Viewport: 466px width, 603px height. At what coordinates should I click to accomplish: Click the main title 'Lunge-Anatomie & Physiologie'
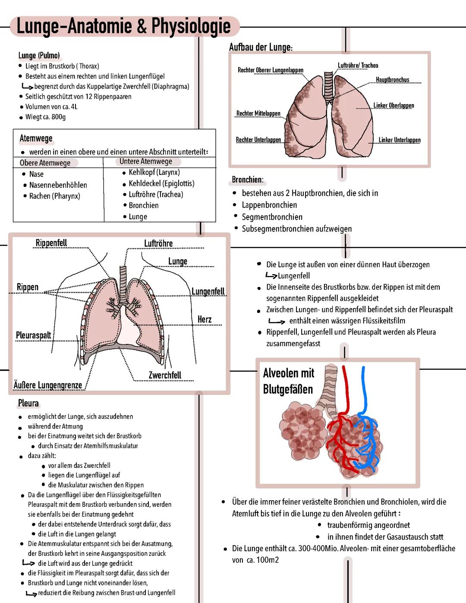pyautogui.click(x=124, y=26)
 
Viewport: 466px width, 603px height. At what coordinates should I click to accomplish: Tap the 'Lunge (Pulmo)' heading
pyautogui.click(x=39, y=56)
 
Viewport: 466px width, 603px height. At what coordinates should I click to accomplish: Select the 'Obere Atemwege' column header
pyautogui.click(x=45, y=163)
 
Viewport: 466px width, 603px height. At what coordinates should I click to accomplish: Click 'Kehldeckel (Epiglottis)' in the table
pyautogui.click(x=161, y=183)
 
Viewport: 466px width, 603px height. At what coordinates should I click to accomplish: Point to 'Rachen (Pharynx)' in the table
pyautogui.click(x=55, y=196)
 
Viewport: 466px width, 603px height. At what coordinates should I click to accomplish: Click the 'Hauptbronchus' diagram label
pyautogui.click(x=393, y=80)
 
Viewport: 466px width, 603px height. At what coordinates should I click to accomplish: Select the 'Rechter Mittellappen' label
pyautogui.click(x=258, y=113)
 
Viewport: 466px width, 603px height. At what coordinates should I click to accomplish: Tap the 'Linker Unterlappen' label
pyautogui.click(x=400, y=140)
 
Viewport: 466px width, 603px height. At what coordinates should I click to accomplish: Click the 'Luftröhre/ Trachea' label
pyautogui.click(x=358, y=65)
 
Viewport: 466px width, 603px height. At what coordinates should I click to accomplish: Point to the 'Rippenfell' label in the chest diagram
pyautogui.click(x=51, y=243)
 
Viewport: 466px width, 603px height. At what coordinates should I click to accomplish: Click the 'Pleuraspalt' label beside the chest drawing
pyautogui.click(x=34, y=335)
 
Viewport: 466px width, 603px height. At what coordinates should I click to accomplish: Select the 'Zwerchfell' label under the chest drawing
pyautogui.click(x=165, y=375)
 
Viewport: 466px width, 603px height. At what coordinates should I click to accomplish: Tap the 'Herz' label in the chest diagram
pyautogui.click(x=205, y=319)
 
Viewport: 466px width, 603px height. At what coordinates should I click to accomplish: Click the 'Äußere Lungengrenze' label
pyautogui.click(x=48, y=385)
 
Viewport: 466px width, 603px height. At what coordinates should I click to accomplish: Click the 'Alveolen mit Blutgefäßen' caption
pyautogui.click(x=289, y=381)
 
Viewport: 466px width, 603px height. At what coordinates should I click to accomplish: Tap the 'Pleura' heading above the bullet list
pyautogui.click(x=28, y=403)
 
